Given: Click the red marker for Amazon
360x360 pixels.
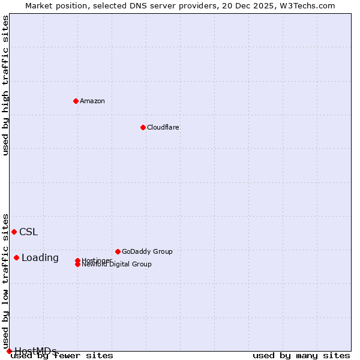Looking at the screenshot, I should click(x=76, y=101).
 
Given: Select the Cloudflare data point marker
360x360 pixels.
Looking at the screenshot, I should click(x=143, y=127).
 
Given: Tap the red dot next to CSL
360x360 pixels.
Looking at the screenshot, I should click(x=14, y=232).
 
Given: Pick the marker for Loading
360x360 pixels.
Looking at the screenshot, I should click(x=16, y=257).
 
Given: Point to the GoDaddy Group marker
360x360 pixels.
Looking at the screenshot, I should click(x=118, y=251).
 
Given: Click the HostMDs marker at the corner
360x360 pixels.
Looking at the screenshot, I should click(x=9, y=351).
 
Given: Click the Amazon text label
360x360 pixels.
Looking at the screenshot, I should click(x=92, y=101).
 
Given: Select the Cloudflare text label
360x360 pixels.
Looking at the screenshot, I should click(x=163, y=127).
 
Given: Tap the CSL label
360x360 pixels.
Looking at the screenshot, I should click(x=28, y=232).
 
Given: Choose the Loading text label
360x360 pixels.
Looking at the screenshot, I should click(x=40, y=258).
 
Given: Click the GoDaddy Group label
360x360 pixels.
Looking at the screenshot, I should click(x=147, y=251).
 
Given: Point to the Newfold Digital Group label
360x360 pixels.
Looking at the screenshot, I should click(x=117, y=265).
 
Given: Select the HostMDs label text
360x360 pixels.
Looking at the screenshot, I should click(x=35, y=351).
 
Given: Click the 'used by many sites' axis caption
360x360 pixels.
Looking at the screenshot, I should click(x=301, y=356).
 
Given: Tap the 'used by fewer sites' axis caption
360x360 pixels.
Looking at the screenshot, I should click(x=62, y=356).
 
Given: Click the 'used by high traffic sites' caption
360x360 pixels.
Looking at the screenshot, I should click(x=6, y=85).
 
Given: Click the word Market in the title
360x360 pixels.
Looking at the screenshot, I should click(x=39, y=6).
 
